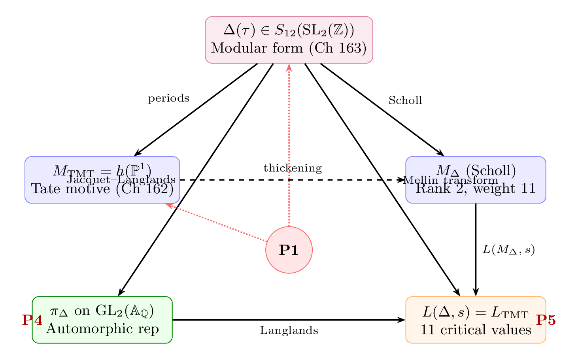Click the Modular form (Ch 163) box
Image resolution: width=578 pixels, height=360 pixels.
[x=289, y=40]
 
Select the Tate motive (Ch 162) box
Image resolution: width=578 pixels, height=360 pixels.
[x=102, y=180]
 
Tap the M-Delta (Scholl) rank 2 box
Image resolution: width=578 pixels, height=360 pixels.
[x=476, y=180]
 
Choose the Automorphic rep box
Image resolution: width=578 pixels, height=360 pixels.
[x=102, y=320]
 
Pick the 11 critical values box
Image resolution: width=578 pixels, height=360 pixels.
[x=476, y=320]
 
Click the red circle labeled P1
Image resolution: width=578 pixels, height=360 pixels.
[x=289, y=250]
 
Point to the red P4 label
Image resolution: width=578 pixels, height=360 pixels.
[x=32, y=320]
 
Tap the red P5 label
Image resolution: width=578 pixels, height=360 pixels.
[x=546, y=320]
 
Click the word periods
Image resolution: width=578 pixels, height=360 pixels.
[x=168, y=99]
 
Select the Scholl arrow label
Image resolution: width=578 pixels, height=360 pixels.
[x=405, y=101]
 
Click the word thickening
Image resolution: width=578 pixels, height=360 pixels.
[x=293, y=168]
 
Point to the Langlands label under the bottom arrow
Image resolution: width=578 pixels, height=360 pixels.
[x=289, y=331]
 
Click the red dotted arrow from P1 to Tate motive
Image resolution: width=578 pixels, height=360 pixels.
[x=217, y=222]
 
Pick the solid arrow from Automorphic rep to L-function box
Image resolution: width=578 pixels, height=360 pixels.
[x=289, y=320]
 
